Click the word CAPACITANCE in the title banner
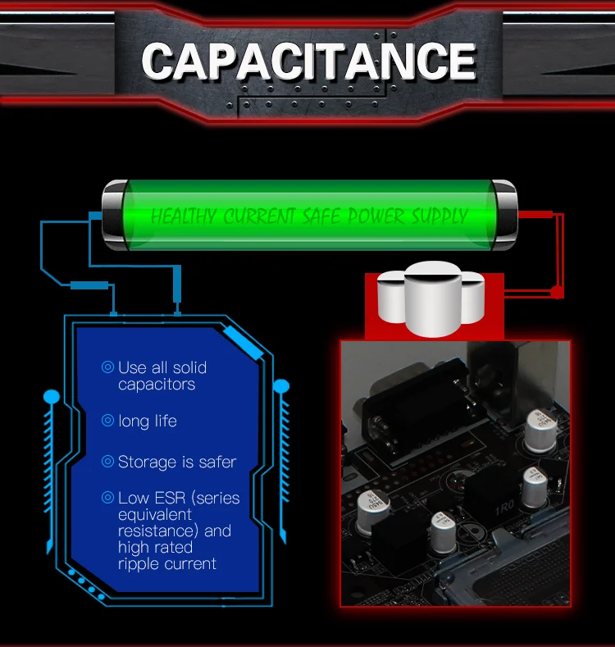(x=308, y=62)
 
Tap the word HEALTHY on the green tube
(x=185, y=216)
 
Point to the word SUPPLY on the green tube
(x=438, y=216)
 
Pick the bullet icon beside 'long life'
(x=107, y=421)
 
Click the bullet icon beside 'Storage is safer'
(x=107, y=462)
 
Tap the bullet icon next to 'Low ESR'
(x=107, y=498)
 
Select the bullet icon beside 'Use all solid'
(x=107, y=367)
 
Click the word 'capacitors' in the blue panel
(x=157, y=385)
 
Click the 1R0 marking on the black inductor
(x=503, y=508)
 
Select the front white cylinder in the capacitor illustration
(x=433, y=299)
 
